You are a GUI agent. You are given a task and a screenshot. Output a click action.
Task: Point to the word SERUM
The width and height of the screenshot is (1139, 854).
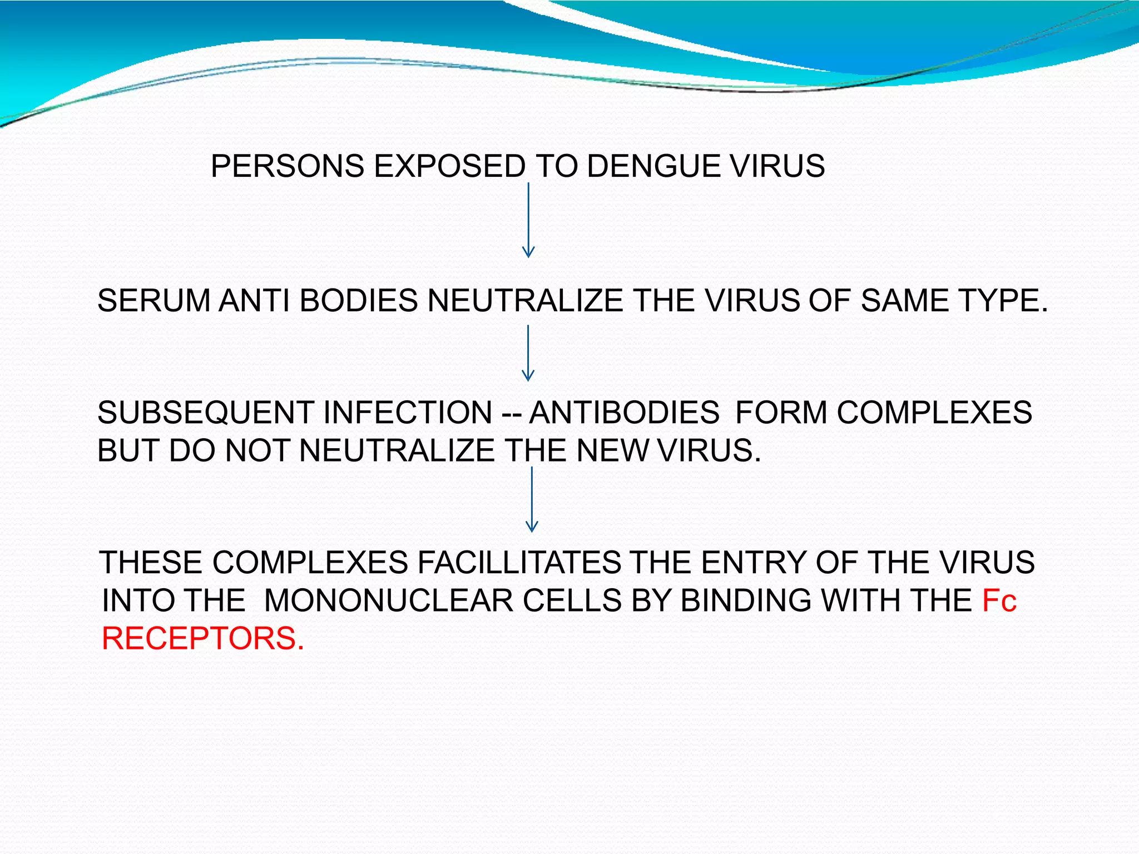[x=153, y=301]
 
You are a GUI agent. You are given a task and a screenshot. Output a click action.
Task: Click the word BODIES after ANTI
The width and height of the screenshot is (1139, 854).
[x=358, y=301]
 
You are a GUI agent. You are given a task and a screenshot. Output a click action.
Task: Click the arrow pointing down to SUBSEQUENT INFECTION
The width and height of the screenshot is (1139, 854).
[x=528, y=353]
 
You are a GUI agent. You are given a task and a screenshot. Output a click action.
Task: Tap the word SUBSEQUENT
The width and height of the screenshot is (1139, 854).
[x=204, y=413]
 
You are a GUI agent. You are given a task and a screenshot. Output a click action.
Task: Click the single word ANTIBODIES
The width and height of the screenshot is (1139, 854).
[x=624, y=413]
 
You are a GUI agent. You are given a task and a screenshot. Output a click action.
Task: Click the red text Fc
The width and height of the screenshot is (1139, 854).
[x=999, y=601]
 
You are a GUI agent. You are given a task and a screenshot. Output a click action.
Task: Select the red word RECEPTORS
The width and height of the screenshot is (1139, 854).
[x=203, y=638]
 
